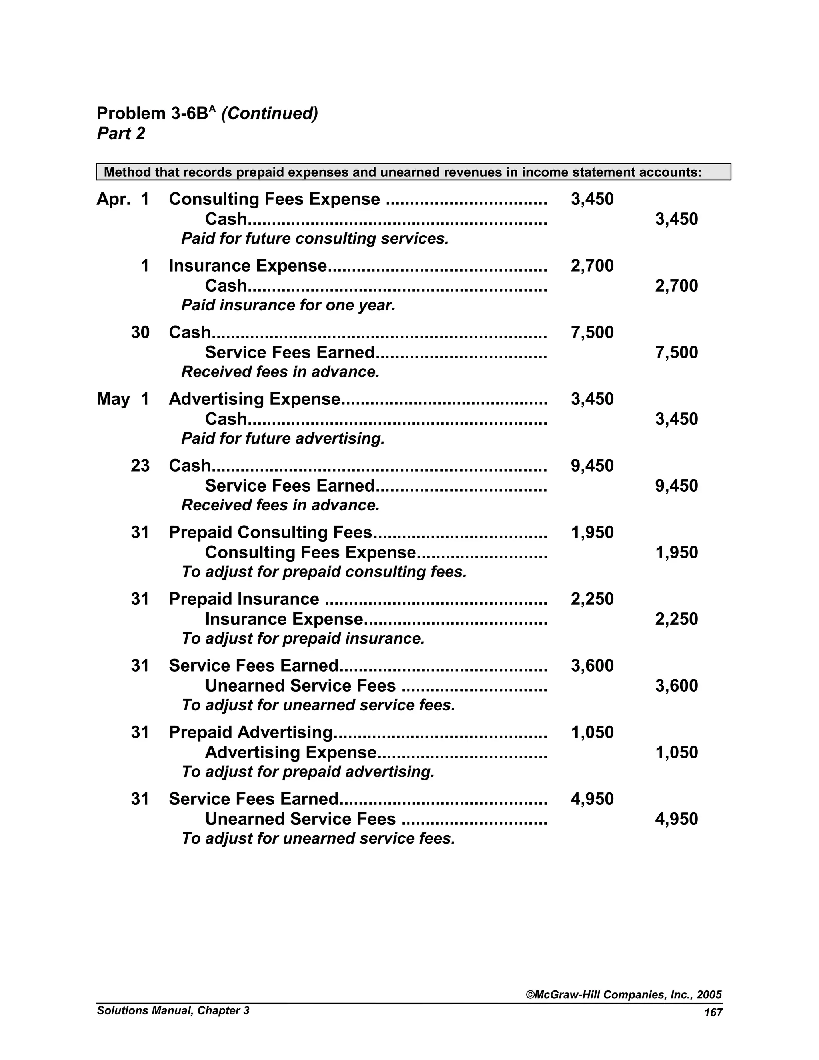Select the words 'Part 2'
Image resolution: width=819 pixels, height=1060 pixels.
121,134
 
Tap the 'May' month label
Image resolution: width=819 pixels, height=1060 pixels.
113,400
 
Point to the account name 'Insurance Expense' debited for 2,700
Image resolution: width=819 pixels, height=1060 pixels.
248,266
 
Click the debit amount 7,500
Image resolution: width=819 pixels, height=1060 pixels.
592,332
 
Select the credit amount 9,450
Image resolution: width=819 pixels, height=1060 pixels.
676,486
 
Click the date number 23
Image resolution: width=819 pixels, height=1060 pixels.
140,466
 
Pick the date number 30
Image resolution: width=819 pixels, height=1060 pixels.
140,332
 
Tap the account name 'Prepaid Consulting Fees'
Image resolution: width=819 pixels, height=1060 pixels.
270,532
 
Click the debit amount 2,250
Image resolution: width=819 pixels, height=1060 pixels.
592,599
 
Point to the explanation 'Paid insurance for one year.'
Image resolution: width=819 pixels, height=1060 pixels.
288,305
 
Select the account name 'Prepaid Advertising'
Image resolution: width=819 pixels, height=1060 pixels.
250,732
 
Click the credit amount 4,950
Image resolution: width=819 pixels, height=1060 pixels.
676,819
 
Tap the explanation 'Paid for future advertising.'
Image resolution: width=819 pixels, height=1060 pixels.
283,439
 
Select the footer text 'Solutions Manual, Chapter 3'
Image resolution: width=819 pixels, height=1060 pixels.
173,1010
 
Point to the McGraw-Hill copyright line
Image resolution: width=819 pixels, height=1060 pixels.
624,995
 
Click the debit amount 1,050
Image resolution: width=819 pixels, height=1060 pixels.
592,732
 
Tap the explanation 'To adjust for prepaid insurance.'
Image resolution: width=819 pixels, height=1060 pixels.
303,639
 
